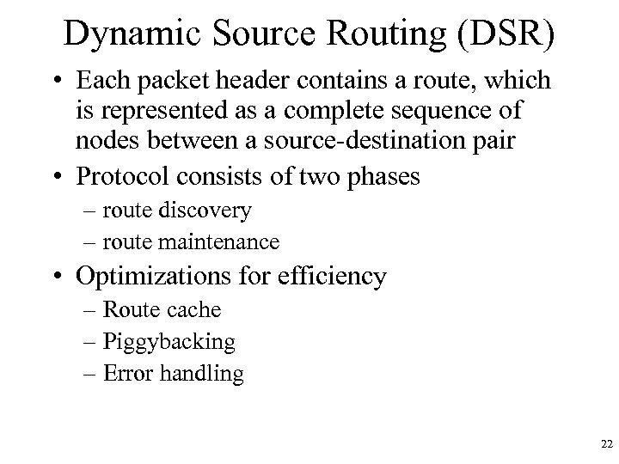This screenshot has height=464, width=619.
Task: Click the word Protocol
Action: click(x=126, y=176)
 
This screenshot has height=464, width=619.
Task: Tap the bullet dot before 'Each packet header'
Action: click(x=59, y=82)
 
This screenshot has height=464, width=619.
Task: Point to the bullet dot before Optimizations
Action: click(x=59, y=277)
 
